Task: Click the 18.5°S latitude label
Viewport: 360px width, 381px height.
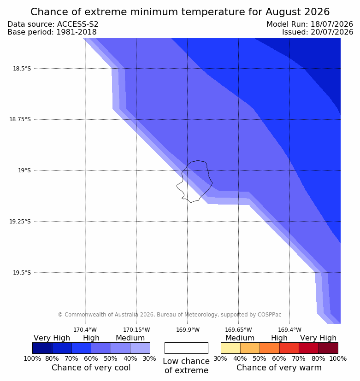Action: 22,69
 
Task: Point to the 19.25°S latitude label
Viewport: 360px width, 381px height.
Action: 20,222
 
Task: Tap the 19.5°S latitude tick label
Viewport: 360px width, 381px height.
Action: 22,273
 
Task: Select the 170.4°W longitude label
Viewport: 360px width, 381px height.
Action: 85,330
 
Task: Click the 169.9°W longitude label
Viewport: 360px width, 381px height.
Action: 188,330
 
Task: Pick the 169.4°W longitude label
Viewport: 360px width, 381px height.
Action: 290,330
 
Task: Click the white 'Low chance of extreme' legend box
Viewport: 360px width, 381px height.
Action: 186,348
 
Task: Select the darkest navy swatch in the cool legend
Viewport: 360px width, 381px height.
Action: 42,348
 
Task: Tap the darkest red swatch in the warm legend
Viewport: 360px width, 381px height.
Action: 328,348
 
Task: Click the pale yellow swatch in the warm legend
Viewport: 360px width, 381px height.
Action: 230,348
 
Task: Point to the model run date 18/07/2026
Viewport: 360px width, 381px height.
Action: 332,24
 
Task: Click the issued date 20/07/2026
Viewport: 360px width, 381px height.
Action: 332,32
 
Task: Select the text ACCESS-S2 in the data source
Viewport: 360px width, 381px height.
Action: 78,24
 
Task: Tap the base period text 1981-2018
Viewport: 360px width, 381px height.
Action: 77,32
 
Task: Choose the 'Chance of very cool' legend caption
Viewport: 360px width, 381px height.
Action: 91,368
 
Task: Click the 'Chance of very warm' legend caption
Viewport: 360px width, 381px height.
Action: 279,368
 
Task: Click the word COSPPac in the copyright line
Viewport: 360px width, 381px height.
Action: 269,314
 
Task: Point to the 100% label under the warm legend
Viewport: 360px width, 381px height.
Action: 338,358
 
